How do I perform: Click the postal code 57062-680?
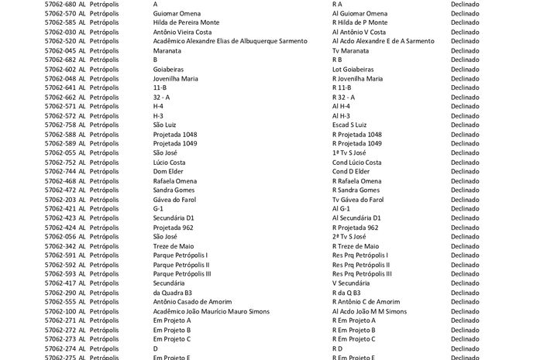pyautogui.click(x=60, y=4)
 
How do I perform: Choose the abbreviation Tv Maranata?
pyautogui.click(x=350, y=50)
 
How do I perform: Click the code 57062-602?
pyautogui.click(x=60, y=69)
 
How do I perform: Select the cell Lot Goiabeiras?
pyautogui.click(x=353, y=69)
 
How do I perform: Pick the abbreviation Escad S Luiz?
pyautogui.click(x=349, y=125)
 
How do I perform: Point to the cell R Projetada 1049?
pyautogui.click(x=357, y=143)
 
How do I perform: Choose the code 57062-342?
pyautogui.click(x=60, y=246)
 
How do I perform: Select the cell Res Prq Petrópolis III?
pyautogui.click(x=362, y=274)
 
